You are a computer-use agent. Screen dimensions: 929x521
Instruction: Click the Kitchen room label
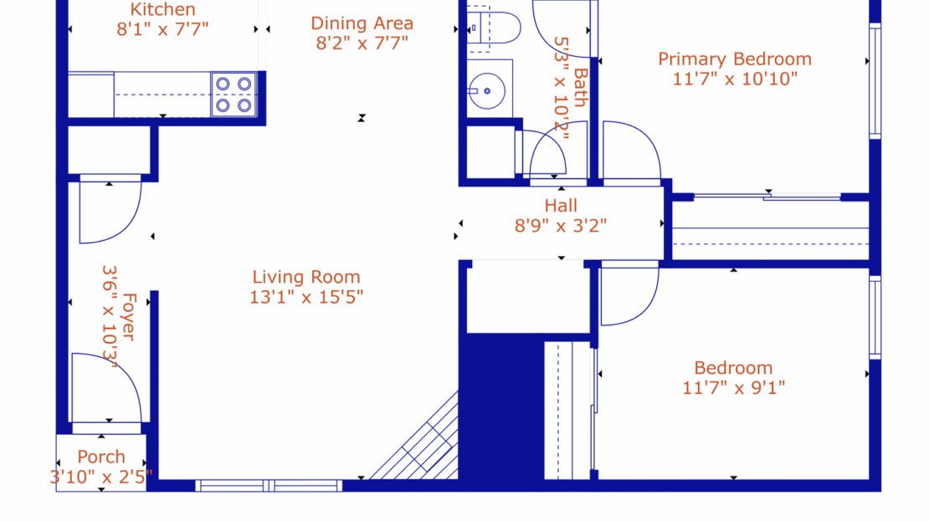162,9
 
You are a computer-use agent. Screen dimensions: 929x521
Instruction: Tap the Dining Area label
362,23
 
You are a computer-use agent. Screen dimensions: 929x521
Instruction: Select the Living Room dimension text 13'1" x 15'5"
306,297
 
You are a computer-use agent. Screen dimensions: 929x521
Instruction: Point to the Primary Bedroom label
735,59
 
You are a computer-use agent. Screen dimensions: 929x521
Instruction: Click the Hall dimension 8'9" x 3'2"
561,226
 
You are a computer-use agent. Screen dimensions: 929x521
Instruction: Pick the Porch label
101,457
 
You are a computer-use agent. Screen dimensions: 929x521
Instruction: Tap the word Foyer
129,317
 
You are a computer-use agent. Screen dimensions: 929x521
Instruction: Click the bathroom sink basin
487,91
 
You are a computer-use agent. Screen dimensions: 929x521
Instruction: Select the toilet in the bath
494,28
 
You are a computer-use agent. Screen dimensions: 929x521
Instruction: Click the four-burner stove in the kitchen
234,94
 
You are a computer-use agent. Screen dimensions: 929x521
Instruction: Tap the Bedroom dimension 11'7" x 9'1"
733,388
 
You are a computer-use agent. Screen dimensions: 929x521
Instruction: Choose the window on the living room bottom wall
269,486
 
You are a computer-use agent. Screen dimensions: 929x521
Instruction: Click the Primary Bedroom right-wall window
875,81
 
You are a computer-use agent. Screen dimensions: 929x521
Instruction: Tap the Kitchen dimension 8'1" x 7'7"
162,29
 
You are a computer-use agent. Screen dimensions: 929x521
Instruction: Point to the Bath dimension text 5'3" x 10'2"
561,88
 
